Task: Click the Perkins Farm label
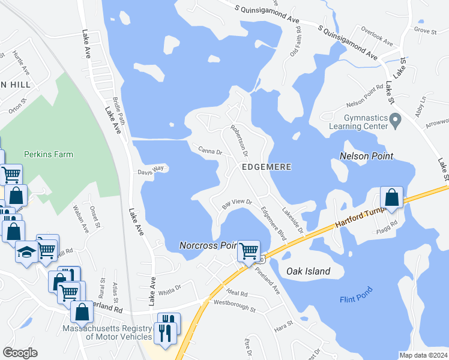(x=49, y=154)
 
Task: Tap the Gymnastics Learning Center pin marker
(x=395, y=122)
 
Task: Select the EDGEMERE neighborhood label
(x=267, y=167)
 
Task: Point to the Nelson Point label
(x=366, y=156)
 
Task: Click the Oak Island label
(x=308, y=271)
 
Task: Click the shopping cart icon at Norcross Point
(x=249, y=250)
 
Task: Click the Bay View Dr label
(x=237, y=203)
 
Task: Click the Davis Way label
(x=150, y=170)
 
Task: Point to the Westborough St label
(x=235, y=307)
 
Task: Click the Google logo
(x=20, y=353)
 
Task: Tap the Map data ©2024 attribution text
(x=423, y=355)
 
